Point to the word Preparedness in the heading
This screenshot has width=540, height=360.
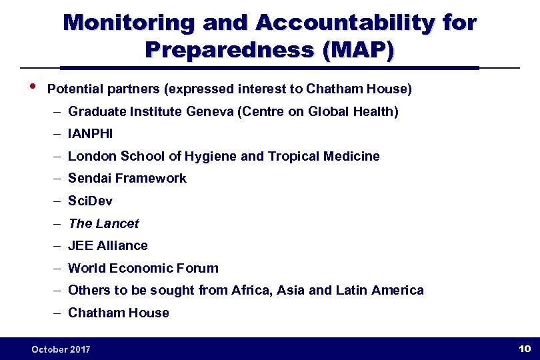229,50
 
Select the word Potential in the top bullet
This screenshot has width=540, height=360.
72,89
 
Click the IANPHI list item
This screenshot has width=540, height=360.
91,134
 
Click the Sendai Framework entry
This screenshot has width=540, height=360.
127,179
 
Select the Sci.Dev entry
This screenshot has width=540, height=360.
91,201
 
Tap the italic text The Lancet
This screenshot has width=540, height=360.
103,223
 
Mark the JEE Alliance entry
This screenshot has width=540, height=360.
108,246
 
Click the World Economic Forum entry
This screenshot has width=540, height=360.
143,269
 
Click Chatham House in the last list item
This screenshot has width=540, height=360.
119,313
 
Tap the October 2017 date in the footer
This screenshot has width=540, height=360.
61,349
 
